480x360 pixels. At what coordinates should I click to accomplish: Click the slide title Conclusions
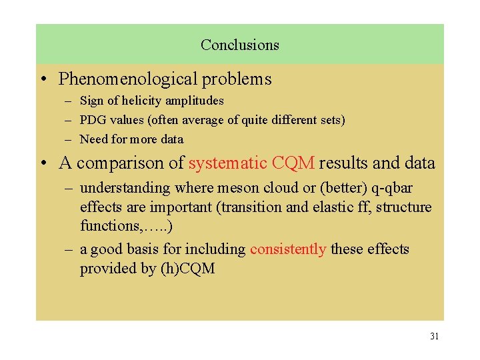pyautogui.click(x=239, y=45)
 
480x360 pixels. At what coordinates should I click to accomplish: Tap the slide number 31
pyautogui.click(x=434, y=336)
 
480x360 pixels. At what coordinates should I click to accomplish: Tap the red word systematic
pyautogui.click(x=228, y=163)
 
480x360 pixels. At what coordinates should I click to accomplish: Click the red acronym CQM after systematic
pyautogui.click(x=293, y=163)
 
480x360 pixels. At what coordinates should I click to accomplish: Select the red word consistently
pyautogui.click(x=288, y=249)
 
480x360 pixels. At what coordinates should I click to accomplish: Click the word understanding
pyautogui.click(x=125, y=188)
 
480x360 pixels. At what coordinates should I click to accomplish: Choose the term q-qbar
pyautogui.click(x=388, y=188)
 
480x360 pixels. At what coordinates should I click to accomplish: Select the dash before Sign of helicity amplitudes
pyautogui.click(x=69, y=101)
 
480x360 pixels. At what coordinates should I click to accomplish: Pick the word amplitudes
pyautogui.click(x=197, y=101)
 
